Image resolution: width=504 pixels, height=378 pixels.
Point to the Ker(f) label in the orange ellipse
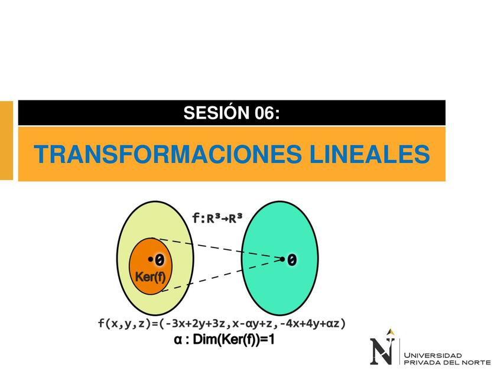[x=150, y=277]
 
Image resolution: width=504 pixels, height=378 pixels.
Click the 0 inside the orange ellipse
[x=160, y=260]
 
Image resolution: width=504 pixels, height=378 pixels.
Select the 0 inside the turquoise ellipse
[x=292, y=260]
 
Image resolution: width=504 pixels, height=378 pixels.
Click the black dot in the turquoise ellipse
[x=282, y=259]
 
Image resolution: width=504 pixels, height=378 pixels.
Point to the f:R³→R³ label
[x=217, y=219]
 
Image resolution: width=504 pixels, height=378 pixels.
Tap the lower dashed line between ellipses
[x=222, y=275]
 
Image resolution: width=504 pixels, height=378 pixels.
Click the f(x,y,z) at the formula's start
[x=125, y=323]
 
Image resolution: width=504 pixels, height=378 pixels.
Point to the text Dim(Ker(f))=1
[x=233, y=340]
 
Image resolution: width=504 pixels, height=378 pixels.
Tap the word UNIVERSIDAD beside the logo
[x=433, y=356]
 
